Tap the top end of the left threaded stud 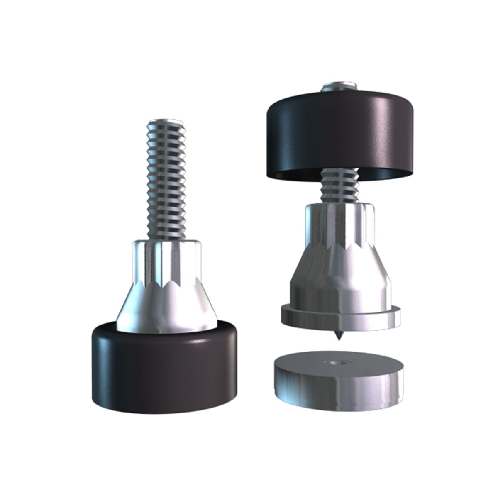pyautogui.click(x=165, y=124)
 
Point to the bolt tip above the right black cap pyautogui.click(x=339, y=86)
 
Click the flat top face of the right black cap pyautogui.click(x=290, y=100)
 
